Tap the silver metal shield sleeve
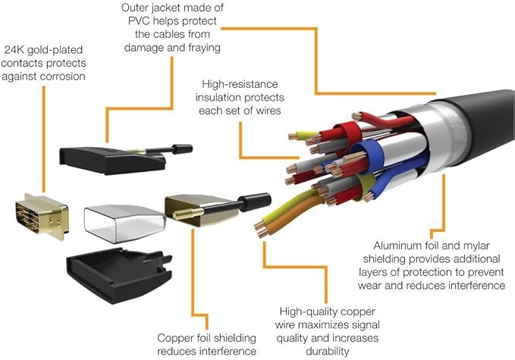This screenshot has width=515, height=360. click(x=124, y=223)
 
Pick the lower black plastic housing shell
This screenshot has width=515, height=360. click(x=119, y=275)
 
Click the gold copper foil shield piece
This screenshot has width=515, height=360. click(x=200, y=211)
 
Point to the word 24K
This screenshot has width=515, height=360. click(x=14, y=50)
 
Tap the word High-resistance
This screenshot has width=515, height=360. click(x=240, y=84)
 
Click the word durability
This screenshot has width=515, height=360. click(x=328, y=352)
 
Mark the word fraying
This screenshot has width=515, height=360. click(x=204, y=48)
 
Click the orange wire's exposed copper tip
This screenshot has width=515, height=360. click(x=262, y=233)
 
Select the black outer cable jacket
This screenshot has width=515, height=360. click(x=486, y=121)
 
